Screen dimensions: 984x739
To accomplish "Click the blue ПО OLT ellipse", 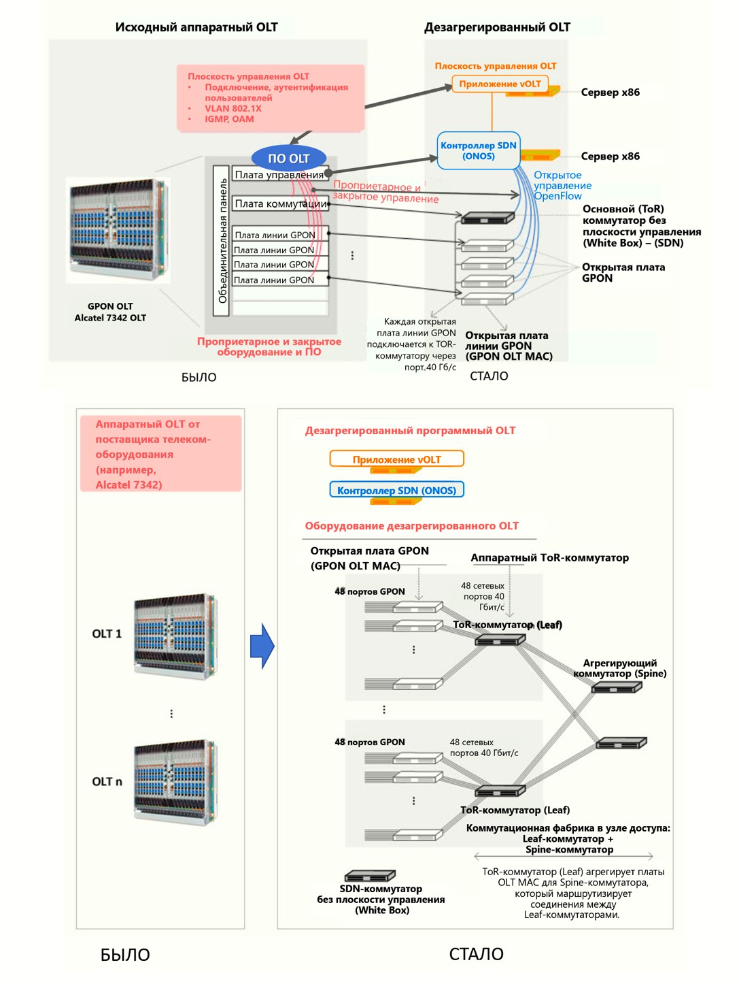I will pyautogui.click(x=289, y=159).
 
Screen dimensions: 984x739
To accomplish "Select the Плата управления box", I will pyautogui.click(x=279, y=175).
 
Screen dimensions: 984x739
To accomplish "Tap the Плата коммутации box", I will pyautogui.click(x=280, y=203).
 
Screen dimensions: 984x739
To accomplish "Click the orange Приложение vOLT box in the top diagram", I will pyautogui.click(x=500, y=84).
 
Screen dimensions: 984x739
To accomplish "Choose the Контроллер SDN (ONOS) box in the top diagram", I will pyautogui.click(x=479, y=150).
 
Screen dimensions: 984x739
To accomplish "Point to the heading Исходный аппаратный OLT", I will pyautogui.click(x=196, y=27).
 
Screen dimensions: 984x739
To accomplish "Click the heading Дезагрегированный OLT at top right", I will pyautogui.click(x=497, y=27).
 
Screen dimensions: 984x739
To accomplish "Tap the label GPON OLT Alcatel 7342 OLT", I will pyautogui.click(x=110, y=312).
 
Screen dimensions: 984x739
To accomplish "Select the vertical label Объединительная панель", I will pyautogui.click(x=222, y=241).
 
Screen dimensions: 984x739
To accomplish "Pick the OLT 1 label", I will pyautogui.click(x=107, y=634).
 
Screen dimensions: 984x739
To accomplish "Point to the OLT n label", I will pyautogui.click(x=107, y=781).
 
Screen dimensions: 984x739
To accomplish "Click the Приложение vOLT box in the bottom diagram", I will pyautogui.click(x=396, y=459).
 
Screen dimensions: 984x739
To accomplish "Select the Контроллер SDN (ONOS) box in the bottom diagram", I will pyautogui.click(x=396, y=490).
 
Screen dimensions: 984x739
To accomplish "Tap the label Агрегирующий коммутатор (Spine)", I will pyautogui.click(x=619, y=668).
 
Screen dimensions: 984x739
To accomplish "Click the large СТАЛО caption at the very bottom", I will pyautogui.click(x=476, y=954).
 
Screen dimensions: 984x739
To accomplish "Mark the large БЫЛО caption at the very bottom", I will pyautogui.click(x=125, y=955).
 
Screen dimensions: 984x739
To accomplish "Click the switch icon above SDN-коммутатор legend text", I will pyautogui.click(x=370, y=876).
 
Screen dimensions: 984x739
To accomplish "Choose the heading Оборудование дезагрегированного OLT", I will pyautogui.click(x=411, y=526).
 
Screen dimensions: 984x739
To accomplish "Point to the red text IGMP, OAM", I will pyautogui.click(x=229, y=119).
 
